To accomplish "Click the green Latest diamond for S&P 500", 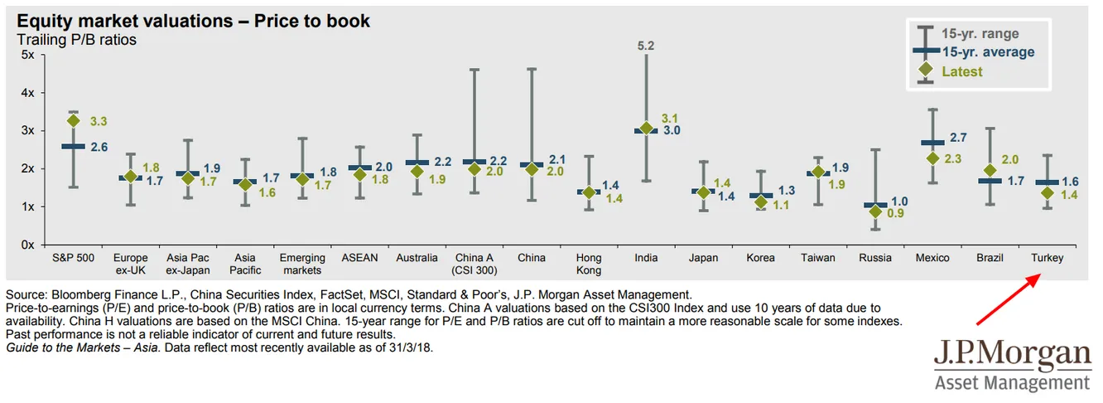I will click(74, 120).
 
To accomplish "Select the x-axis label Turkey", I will click(1047, 258).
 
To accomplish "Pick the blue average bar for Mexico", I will click(932, 143).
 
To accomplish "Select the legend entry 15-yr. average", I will click(988, 52).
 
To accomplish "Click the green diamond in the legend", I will click(927, 70).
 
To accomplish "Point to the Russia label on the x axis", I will click(875, 258).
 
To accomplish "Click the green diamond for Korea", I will click(761, 202).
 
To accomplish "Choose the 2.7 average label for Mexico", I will click(959, 137).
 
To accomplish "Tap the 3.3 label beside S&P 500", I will click(99, 121).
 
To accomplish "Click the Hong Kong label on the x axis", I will click(589, 264).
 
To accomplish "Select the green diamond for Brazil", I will click(990, 170).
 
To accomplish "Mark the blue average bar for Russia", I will click(875, 205).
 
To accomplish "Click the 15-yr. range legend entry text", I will click(980, 34).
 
